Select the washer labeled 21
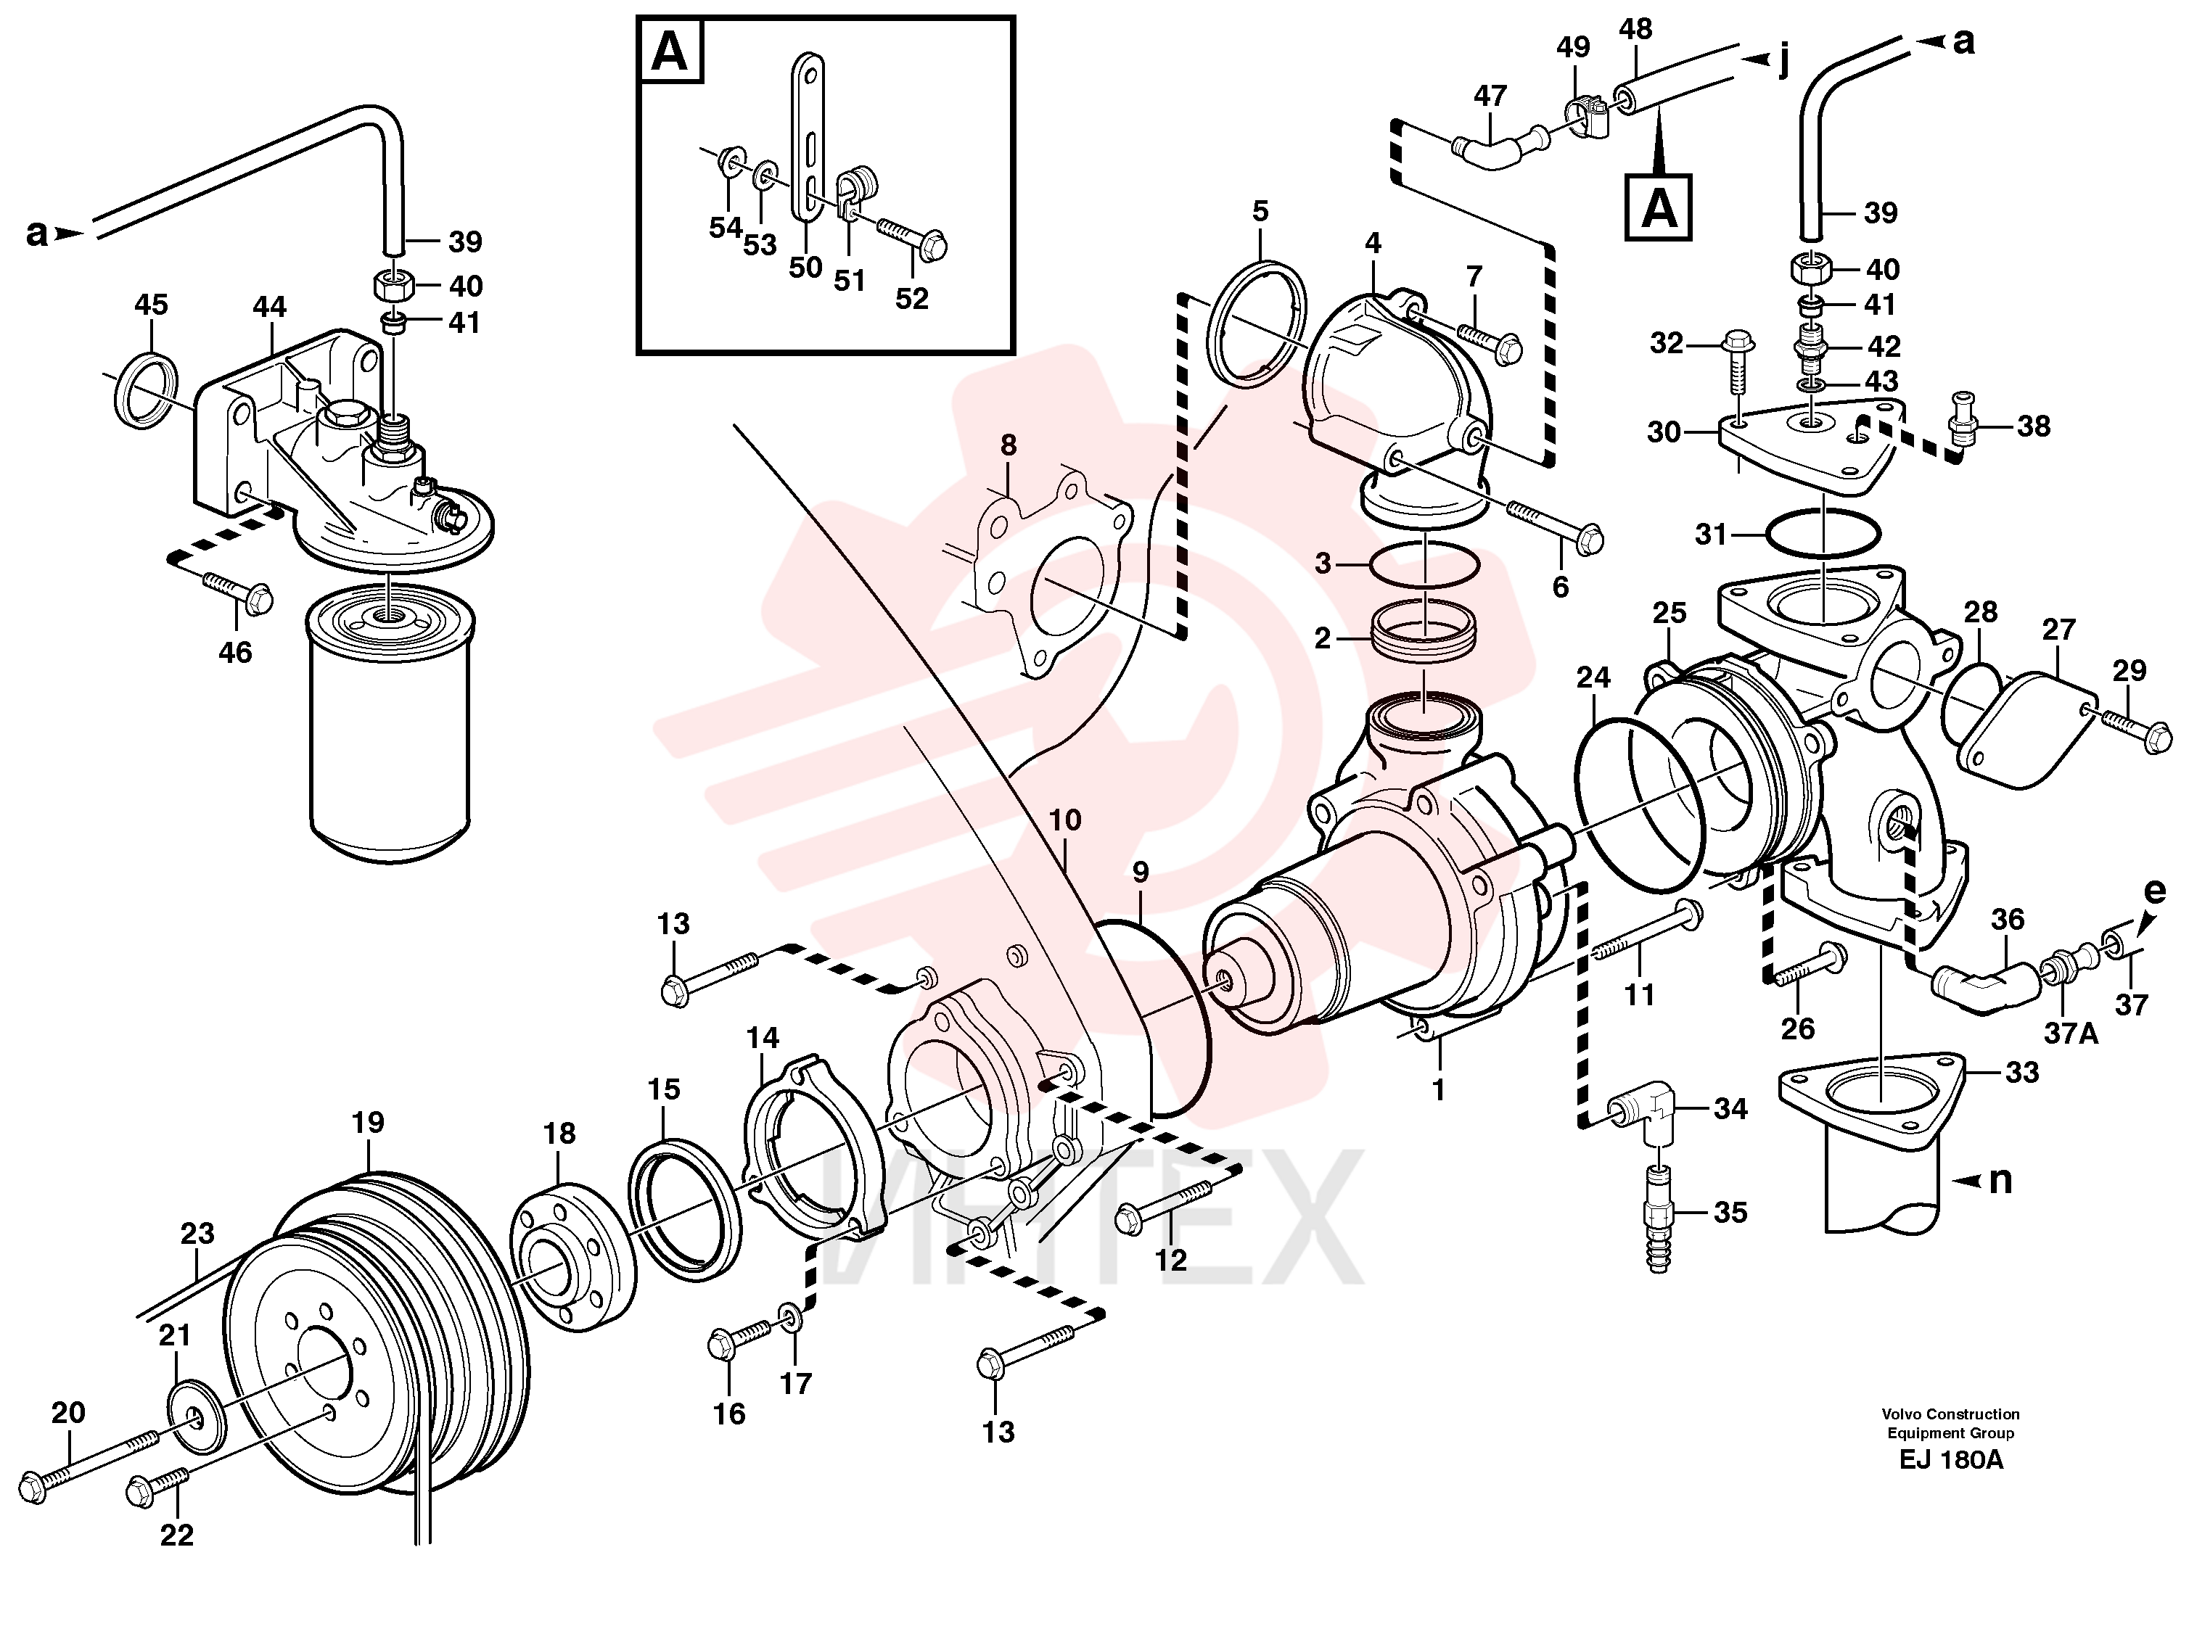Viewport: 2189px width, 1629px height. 195,1420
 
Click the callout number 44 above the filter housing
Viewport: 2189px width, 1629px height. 269,307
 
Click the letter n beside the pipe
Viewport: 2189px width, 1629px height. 2000,1180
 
